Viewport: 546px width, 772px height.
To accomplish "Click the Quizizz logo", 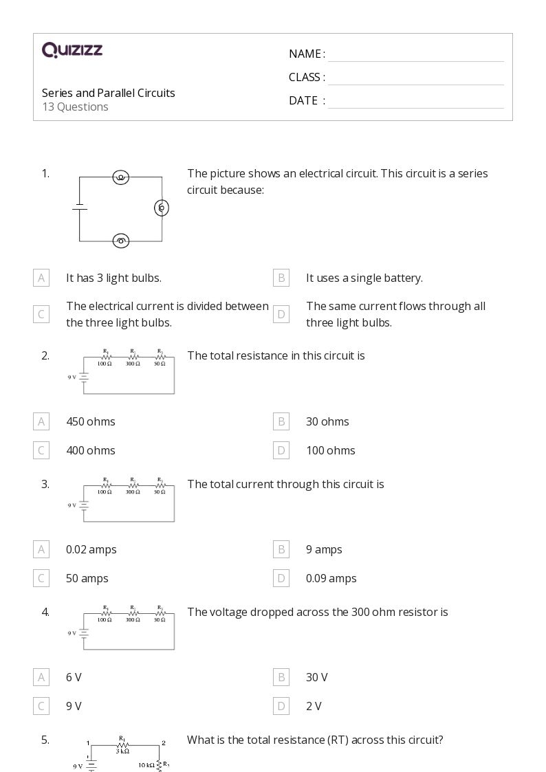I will (72, 49).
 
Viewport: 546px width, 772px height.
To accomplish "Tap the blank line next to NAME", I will (415, 55).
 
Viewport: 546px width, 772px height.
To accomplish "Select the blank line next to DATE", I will (415, 101).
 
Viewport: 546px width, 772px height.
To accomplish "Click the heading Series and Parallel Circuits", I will (109, 93).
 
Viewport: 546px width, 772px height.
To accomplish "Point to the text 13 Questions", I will (75, 107).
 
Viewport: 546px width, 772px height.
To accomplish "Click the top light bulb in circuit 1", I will (121, 177).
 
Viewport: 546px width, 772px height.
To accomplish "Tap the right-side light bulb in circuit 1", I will (162, 207).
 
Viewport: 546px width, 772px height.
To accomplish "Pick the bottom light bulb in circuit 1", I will (121, 241).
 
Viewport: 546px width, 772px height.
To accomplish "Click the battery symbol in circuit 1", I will (80, 207).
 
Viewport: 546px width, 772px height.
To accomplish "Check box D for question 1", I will (281, 314).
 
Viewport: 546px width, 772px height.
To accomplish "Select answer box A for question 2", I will (41, 421).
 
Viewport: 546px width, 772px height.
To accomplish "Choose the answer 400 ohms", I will (91, 450).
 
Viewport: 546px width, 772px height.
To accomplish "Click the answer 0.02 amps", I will (91, 549).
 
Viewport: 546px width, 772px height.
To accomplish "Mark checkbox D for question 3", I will (281, 578).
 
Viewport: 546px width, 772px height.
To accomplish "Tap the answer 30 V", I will (317, 677).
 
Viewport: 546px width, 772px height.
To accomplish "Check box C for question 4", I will (41, 706).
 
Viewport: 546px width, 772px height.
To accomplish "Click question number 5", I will (45, 740).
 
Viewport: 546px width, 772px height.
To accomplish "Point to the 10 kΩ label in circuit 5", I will (146, 764).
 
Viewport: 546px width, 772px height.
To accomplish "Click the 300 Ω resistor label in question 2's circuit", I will (133, 364).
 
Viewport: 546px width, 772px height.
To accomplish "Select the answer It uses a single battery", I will (364, 278).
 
